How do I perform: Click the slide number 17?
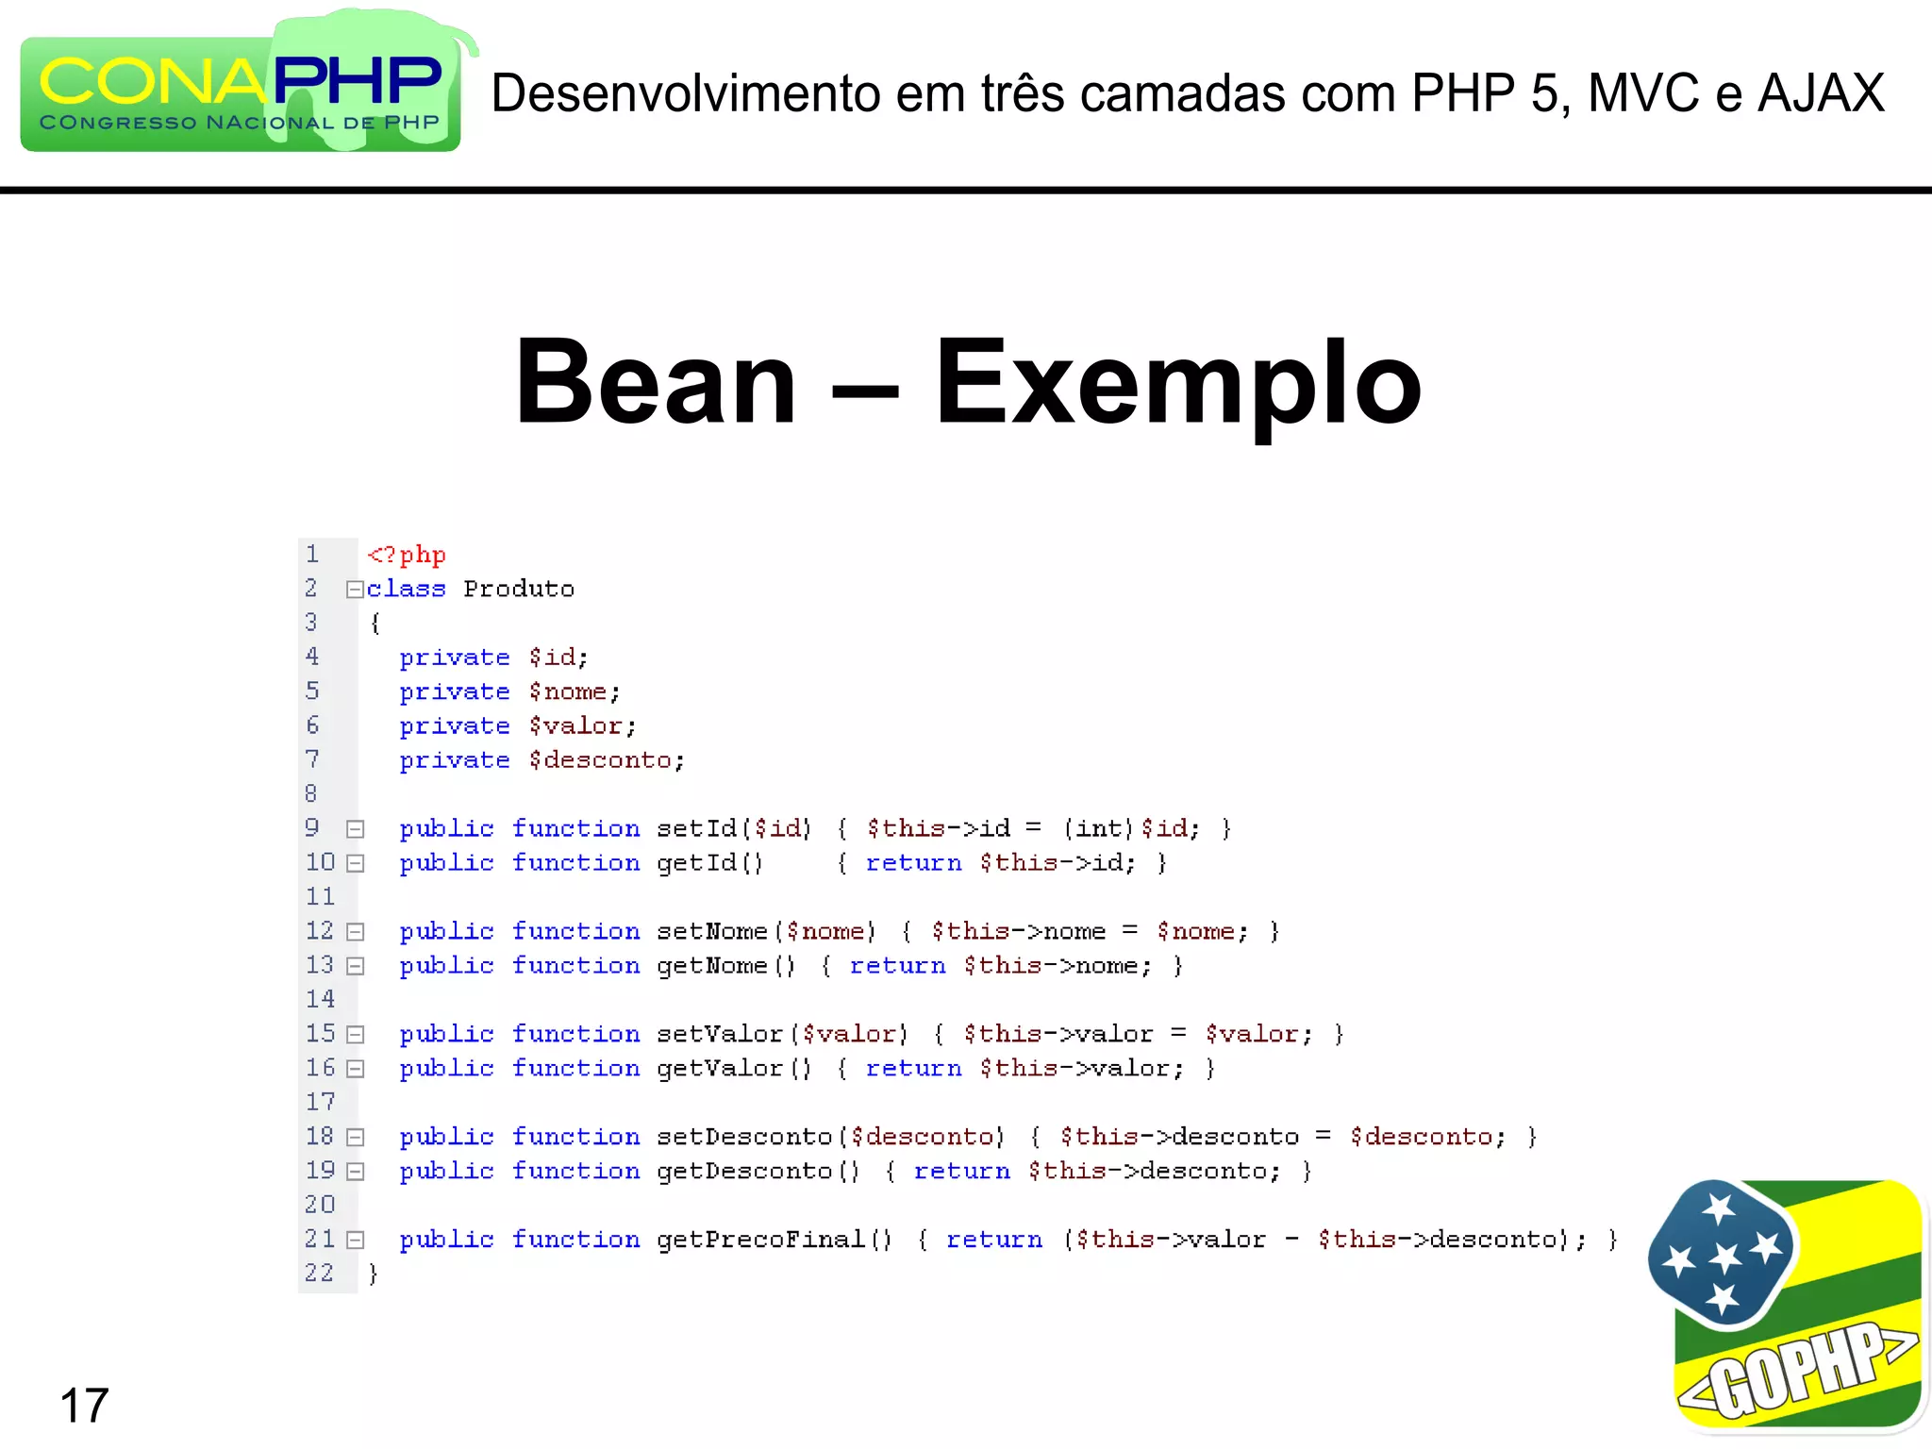84,1406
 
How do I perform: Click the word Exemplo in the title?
1177,383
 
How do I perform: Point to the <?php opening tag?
406,555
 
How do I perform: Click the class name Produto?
519,590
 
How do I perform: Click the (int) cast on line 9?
1098,828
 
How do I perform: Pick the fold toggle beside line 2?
355,590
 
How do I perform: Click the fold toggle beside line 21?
355,1241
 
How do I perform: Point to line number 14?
320,999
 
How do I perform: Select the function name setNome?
712,932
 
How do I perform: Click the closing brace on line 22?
374,1274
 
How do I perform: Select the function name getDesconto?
744,1172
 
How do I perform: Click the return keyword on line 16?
913,1069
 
